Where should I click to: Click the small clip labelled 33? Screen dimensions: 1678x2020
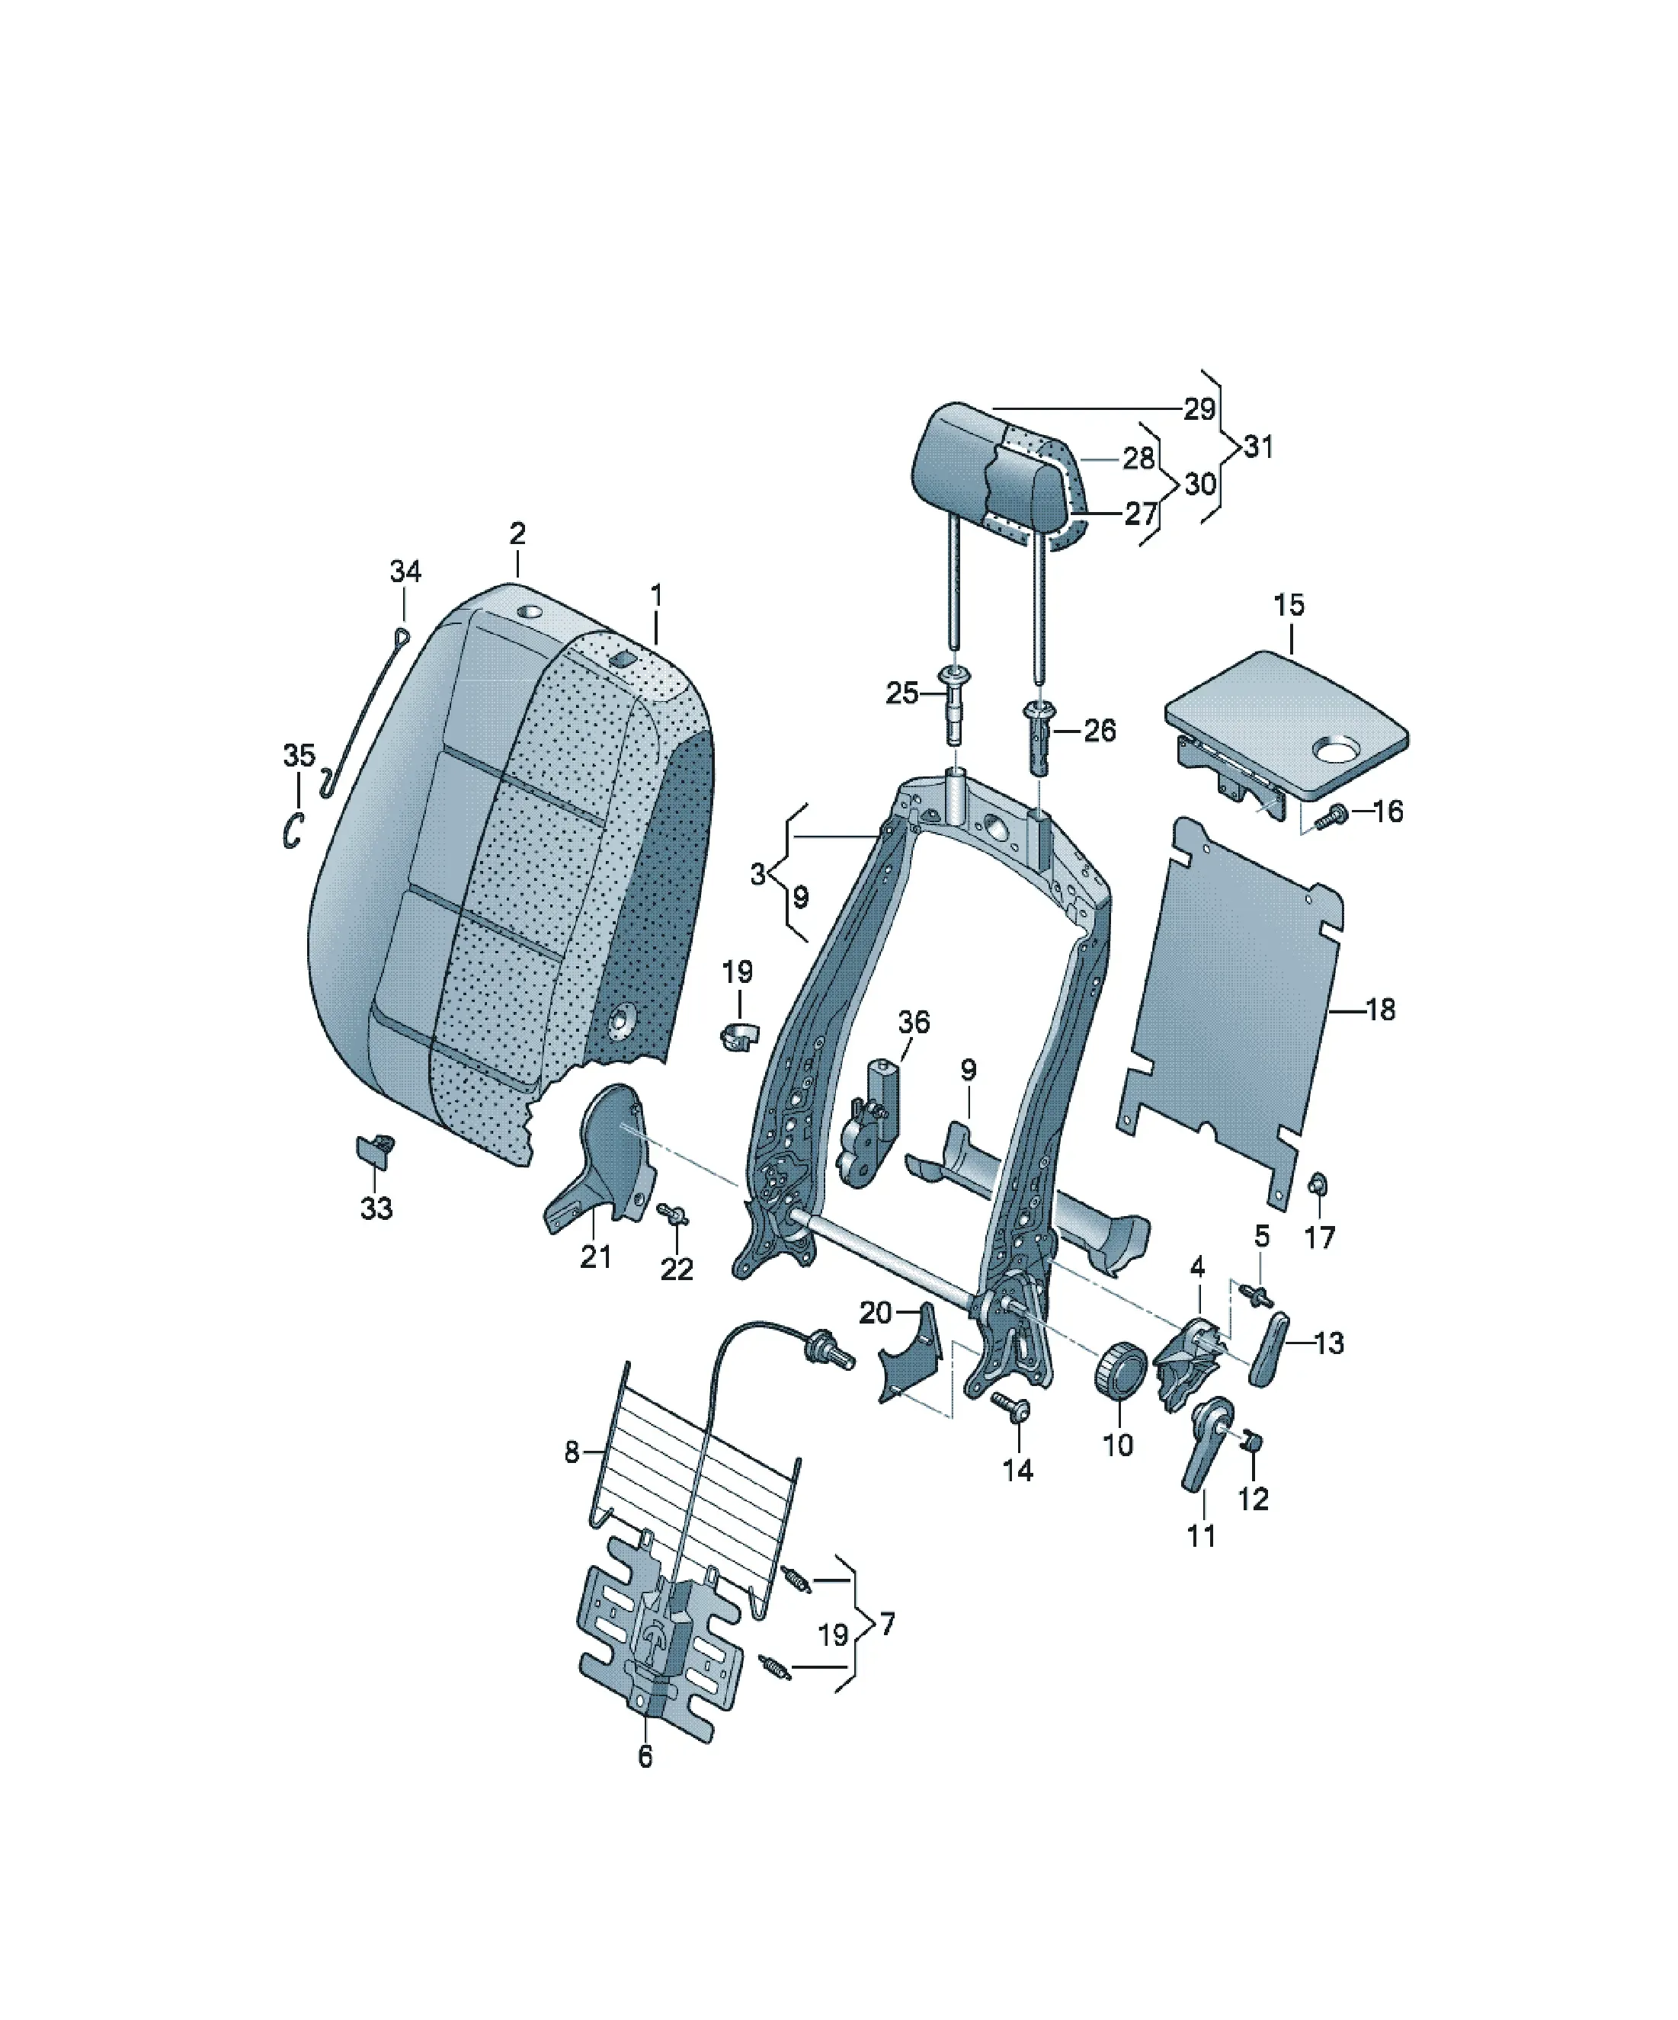[x=374, y=1150]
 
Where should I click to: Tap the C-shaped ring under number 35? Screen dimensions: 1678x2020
[x=293, y=830]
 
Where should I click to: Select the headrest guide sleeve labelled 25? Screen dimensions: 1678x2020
[x=956, y=703]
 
